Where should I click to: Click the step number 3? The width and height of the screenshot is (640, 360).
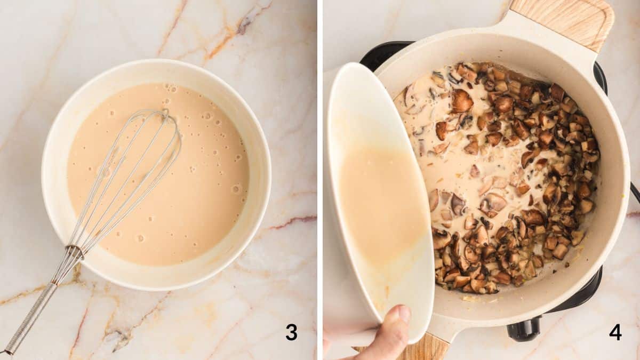[291, 332]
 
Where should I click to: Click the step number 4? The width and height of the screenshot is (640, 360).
[615, 332]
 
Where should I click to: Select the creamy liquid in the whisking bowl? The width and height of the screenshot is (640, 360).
[203, 203]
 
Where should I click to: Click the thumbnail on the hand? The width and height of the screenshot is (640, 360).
[404, 314]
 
